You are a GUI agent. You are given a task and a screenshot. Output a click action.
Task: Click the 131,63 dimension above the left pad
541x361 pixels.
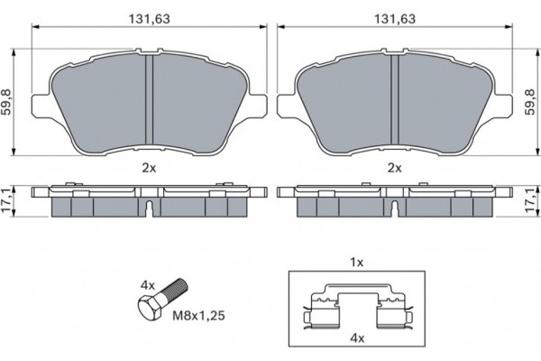150,19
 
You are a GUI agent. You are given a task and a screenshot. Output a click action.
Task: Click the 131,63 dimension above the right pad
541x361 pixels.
395,19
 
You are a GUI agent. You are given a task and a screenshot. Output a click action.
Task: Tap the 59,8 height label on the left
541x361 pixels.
6,102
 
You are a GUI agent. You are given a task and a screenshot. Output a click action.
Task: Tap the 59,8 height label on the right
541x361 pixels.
531,102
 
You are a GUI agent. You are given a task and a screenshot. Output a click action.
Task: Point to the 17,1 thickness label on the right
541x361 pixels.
532,200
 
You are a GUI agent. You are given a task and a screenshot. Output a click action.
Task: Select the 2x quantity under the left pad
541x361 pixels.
150,168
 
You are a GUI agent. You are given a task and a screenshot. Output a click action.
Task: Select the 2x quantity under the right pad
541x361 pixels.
395,168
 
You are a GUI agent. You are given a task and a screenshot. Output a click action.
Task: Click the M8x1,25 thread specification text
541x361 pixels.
198,315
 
